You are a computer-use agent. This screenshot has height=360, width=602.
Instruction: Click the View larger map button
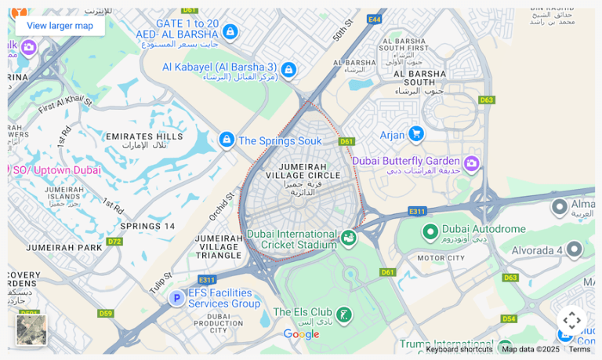[60, 26]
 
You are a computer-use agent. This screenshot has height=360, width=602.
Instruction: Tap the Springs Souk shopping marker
[227, 140]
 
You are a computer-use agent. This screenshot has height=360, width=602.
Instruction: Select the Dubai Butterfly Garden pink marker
[471, 163]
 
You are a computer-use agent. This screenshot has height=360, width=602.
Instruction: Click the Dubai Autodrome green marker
[430, 231]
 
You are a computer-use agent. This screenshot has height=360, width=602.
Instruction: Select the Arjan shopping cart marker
[415, 134]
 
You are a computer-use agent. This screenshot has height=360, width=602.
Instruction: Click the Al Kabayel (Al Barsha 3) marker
[288, 71]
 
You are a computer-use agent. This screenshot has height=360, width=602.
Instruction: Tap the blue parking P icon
[177, 298]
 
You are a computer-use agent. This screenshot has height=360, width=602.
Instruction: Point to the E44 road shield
[374, 19]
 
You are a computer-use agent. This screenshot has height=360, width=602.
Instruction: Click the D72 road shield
[114, 242]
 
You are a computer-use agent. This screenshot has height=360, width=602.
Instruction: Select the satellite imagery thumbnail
[31, 329]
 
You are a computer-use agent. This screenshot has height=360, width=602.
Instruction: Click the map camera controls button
[571, 321]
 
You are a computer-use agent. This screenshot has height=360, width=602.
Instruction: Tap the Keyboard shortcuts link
[459, 350]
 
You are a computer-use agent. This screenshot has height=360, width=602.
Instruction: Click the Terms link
[580, 350]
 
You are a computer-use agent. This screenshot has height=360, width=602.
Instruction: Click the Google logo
[301, 335]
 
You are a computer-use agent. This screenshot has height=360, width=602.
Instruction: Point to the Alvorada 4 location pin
[574, 249]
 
